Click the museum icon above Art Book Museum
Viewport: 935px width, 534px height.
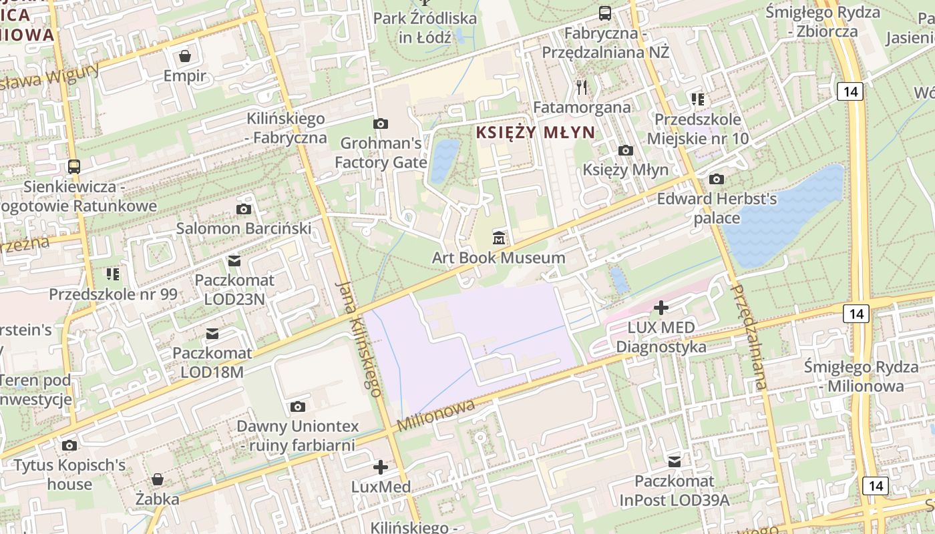(498, 237)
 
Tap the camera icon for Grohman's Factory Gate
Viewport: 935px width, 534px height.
(381, 123)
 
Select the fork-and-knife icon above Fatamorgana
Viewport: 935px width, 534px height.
(582, 87)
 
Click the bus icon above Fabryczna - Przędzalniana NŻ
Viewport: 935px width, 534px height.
(605, 13)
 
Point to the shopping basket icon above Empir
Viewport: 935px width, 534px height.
(185, 55)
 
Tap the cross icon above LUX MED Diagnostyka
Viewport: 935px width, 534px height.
(661, 308)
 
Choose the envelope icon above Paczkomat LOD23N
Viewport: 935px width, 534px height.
(234, 260)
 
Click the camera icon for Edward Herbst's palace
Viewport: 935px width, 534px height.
(717, 179)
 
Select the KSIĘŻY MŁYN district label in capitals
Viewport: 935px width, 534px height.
(535, 132)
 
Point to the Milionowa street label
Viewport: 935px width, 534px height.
(435, 415)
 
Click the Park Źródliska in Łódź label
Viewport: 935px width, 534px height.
(425, 27)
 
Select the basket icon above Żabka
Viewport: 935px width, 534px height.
(158, 479)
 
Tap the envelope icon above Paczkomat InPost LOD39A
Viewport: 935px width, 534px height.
(675, 461)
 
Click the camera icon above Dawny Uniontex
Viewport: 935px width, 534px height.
(298, 407)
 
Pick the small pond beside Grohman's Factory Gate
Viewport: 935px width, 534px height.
(444, 161)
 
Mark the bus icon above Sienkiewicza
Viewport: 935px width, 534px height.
(74, 167)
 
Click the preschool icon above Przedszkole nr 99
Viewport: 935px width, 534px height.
(113, 274)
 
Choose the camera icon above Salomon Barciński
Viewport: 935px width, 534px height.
(244, 209)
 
